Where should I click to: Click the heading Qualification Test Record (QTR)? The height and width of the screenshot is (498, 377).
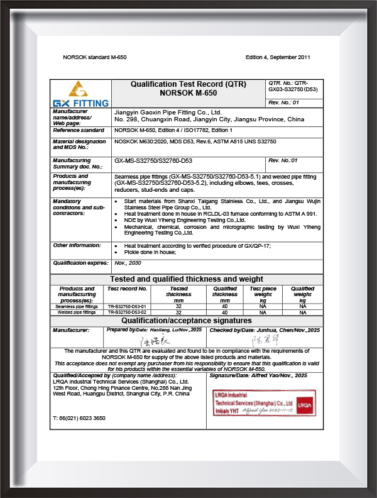point(188,84)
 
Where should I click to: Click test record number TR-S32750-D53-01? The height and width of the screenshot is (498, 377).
point(127,306)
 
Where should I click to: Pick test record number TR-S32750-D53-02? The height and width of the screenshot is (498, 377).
point(127,312)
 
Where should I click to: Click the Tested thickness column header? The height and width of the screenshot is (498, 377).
point(178,294)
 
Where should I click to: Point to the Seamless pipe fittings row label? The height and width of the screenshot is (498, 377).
point(76,306)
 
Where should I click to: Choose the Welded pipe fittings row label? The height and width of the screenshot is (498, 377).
point(76,312)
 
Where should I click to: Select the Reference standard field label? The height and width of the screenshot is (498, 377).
point(79,130)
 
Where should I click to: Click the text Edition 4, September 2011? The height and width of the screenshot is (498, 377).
point(278,57)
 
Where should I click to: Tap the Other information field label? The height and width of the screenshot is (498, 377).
point(77,245)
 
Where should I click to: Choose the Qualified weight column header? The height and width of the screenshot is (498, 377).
point(303,294)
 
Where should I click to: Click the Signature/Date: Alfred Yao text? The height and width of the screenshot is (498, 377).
point(266,375)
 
